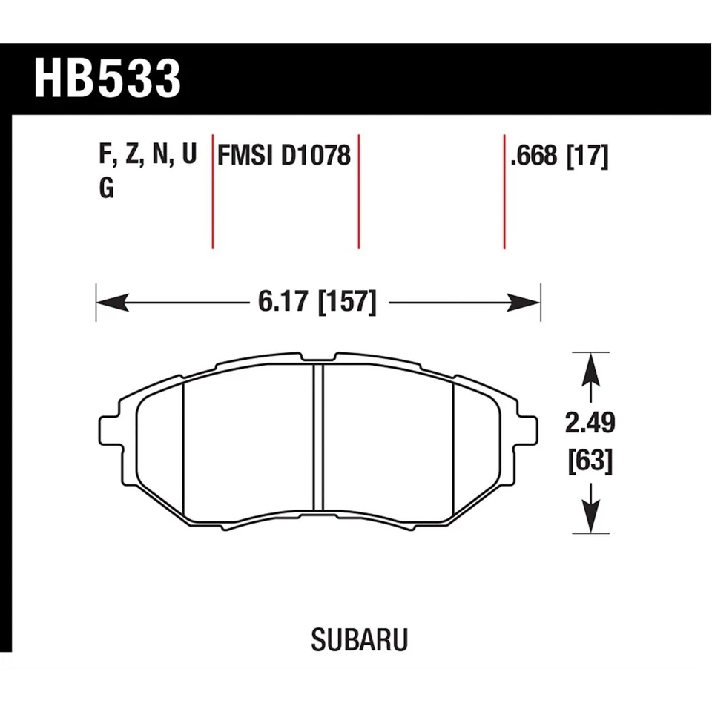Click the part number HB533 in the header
click(x=108, y=79)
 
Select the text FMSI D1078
click(x=283, y=156)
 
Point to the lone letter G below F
click(x=106, y=190)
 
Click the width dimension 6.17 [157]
click(x=317, y=303)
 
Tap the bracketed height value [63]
click(x=590, y=462)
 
